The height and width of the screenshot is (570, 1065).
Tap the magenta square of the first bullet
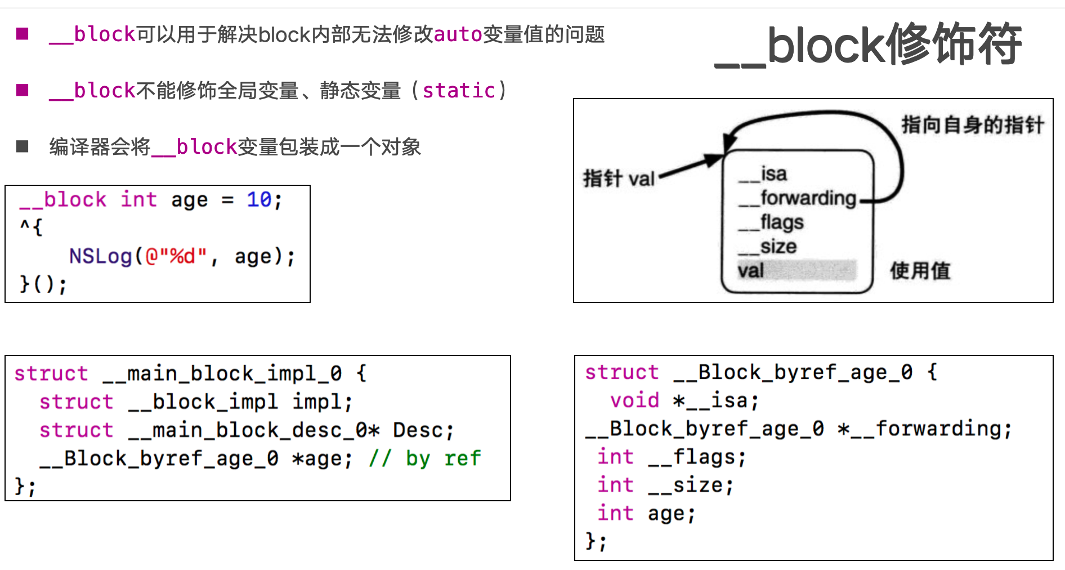(x=23, y=34)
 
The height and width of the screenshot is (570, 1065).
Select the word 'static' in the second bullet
(x=459, y=91)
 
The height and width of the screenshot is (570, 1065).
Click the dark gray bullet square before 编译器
(x=23, y=147)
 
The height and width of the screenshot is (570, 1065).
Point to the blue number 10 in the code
(x=259, y=200)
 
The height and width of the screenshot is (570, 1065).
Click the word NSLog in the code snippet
(x=100, y=257)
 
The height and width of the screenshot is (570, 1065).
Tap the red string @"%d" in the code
(x=176, y=257)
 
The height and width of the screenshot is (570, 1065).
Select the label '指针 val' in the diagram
(x=619, y=179)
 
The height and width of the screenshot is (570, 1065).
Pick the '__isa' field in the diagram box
(x=763, y=174)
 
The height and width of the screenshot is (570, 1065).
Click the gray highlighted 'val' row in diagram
(x=796, y=271)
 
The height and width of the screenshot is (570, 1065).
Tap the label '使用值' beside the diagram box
(x=920, y=271)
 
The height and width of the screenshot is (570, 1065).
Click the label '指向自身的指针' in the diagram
(x=972, y=125)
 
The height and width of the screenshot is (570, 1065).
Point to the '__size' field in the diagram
(x=768, y=247)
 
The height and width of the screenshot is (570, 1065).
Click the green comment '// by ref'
(x=425, y=458)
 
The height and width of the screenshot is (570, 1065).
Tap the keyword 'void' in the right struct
(x=634, y=400)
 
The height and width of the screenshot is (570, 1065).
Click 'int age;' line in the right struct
(x=646, y=514)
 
